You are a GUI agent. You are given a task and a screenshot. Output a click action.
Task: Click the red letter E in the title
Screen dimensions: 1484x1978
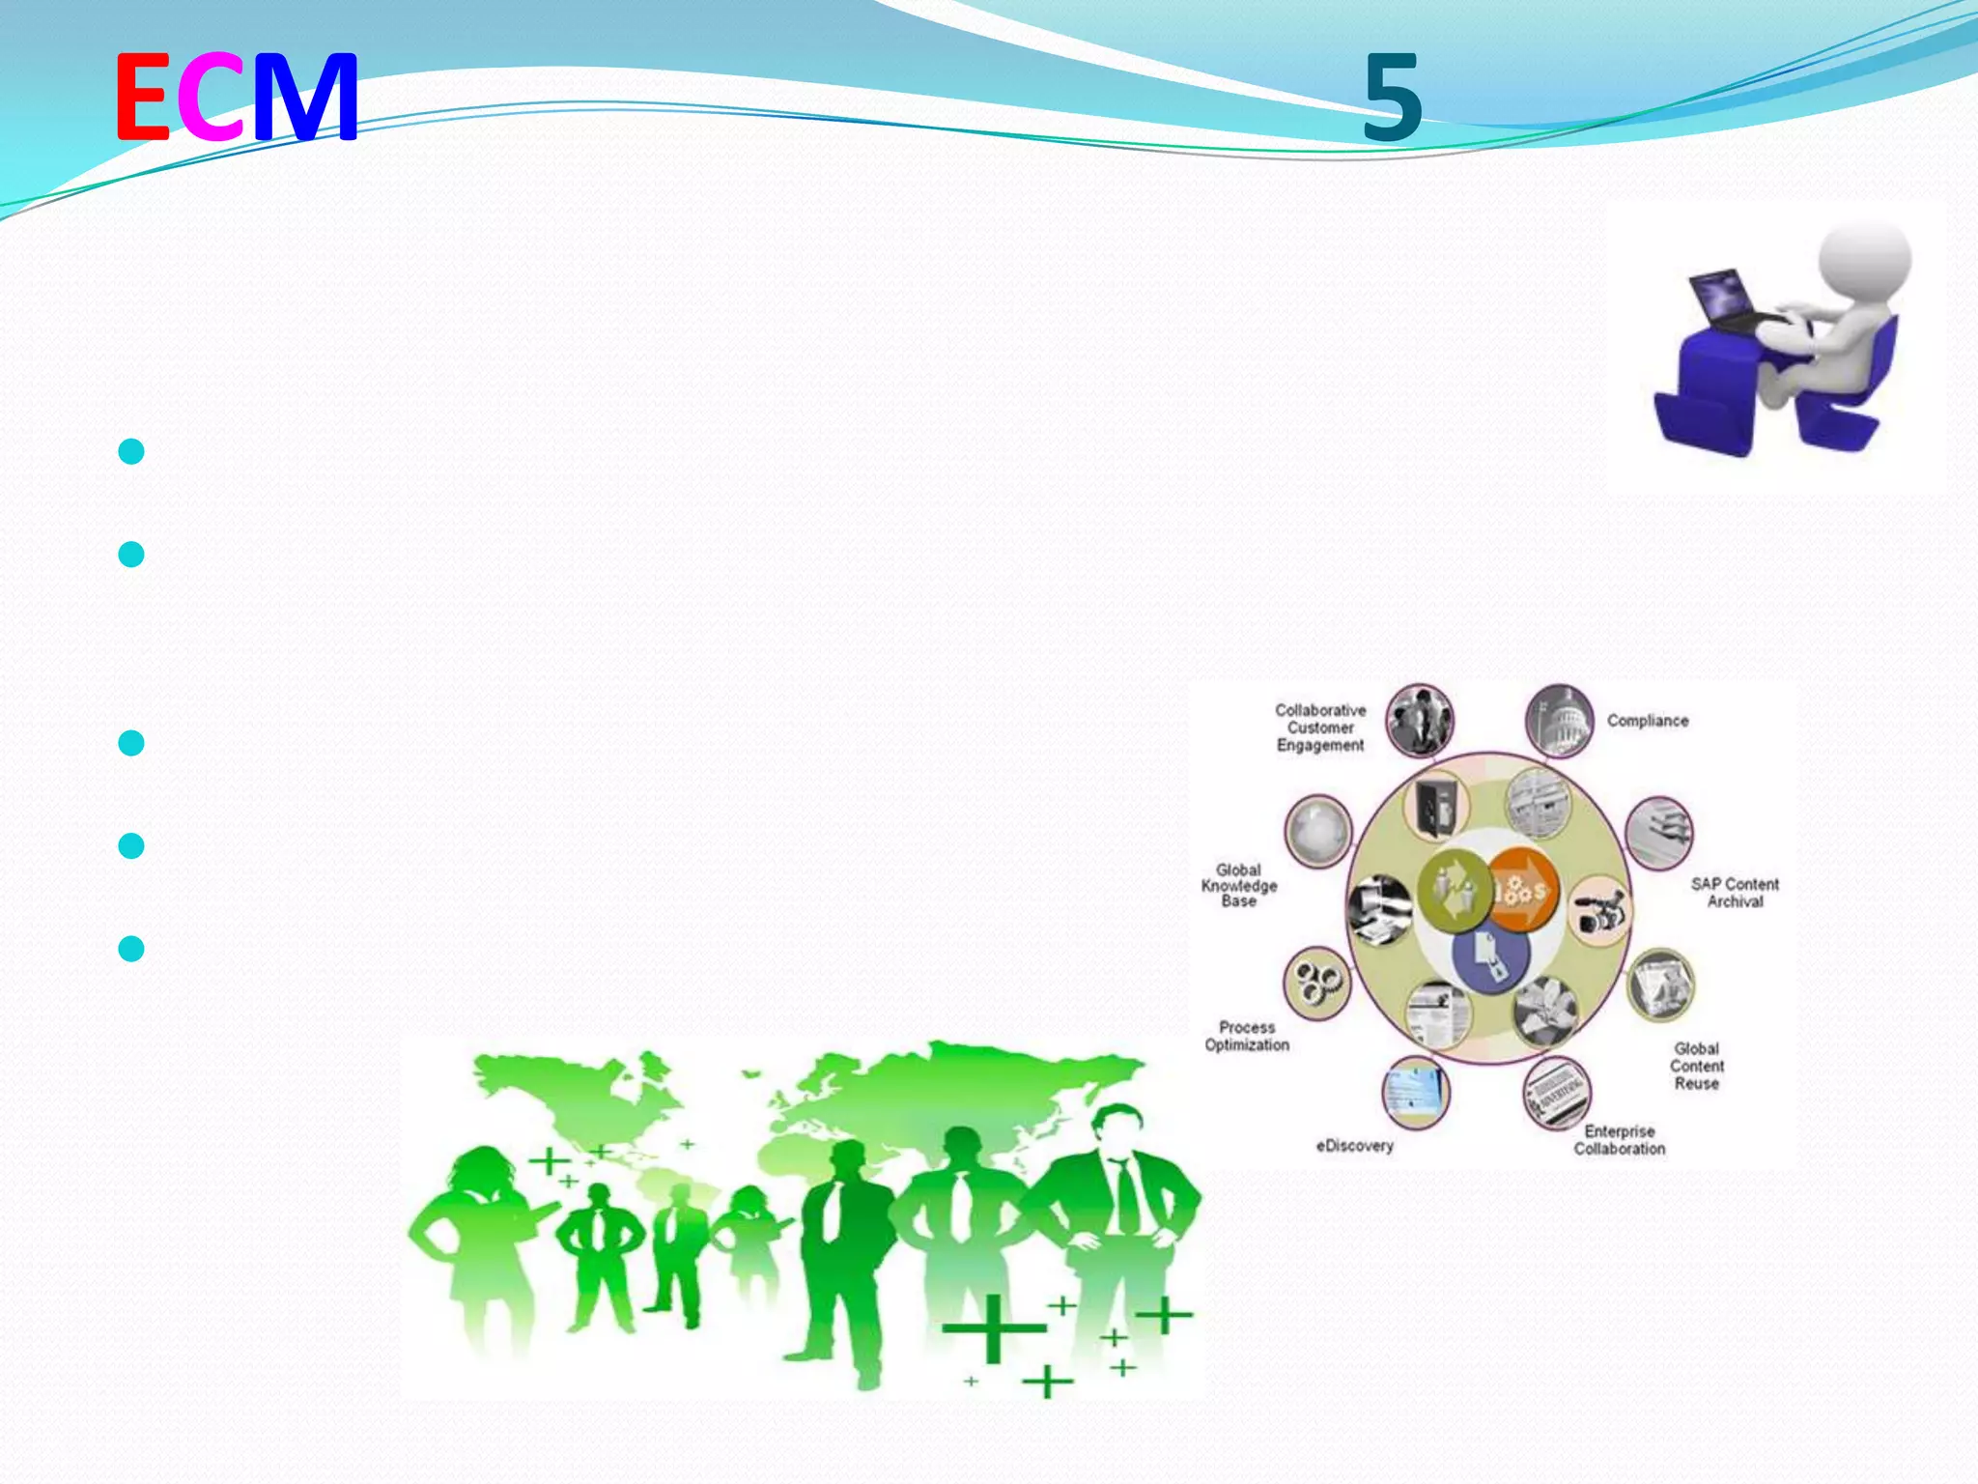coord(143,97)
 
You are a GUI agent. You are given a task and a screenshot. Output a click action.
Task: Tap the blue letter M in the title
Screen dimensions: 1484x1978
coord(306,97)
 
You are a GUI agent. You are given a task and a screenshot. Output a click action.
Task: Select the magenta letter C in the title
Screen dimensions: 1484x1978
coord(211,97)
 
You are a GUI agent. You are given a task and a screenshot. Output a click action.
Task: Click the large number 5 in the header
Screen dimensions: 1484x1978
coord(1392,99)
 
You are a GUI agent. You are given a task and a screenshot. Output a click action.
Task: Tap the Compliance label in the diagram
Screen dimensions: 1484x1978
coord(1648,721)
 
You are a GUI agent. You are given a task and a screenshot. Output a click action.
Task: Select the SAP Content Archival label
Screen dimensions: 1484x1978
coord(1735,893)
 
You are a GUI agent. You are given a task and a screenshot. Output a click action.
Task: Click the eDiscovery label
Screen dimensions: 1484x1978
coord(1354,1146)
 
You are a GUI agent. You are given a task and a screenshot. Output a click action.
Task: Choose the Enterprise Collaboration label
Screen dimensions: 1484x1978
coord(1620,1140)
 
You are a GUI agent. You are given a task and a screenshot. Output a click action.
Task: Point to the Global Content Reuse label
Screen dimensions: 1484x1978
coord(1697,1066)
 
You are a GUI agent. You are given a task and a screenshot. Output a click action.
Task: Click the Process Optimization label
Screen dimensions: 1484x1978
coord(1247,1036)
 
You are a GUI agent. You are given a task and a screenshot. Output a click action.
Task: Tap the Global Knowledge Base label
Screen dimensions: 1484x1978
coord(1239,885)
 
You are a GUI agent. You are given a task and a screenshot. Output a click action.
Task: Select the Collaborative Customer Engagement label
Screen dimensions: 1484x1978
coord(1320,728)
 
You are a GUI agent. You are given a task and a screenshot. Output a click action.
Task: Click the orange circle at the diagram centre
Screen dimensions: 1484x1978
coord(1522,890)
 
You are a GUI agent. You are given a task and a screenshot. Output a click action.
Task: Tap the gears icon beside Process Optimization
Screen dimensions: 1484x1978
coord(1315,983)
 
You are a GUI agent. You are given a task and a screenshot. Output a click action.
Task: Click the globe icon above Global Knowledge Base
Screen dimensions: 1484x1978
coord(1317,831)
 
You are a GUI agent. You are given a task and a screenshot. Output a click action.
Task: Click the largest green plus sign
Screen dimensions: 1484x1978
coord(994,1329)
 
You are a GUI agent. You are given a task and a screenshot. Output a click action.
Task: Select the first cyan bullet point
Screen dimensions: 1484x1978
coord(131,451)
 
